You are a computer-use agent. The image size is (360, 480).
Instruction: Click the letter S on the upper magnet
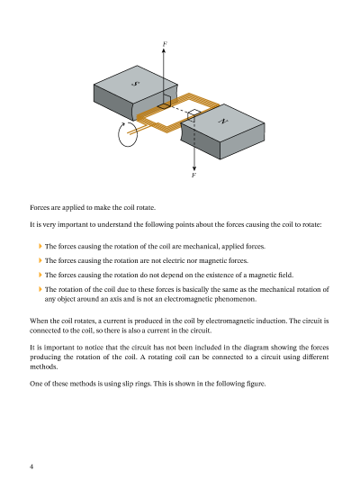tap(135, 83)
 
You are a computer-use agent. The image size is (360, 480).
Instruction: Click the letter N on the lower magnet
tap(223, 122)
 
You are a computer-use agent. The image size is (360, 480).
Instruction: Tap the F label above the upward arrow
tap(165, 44)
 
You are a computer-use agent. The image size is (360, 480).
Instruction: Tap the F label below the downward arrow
tap(193, 175)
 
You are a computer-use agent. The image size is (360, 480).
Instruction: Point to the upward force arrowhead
tap(164, 50)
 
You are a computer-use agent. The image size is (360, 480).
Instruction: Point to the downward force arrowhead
tap(194, 168)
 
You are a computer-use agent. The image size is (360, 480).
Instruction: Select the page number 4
tap(31, 466)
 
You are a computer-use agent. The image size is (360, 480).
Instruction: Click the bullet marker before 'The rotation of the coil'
tap(40, 289)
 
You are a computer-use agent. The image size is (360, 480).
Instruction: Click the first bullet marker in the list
tap(40, 246)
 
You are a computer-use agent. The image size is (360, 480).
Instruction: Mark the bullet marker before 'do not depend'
tap(40, 275)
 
